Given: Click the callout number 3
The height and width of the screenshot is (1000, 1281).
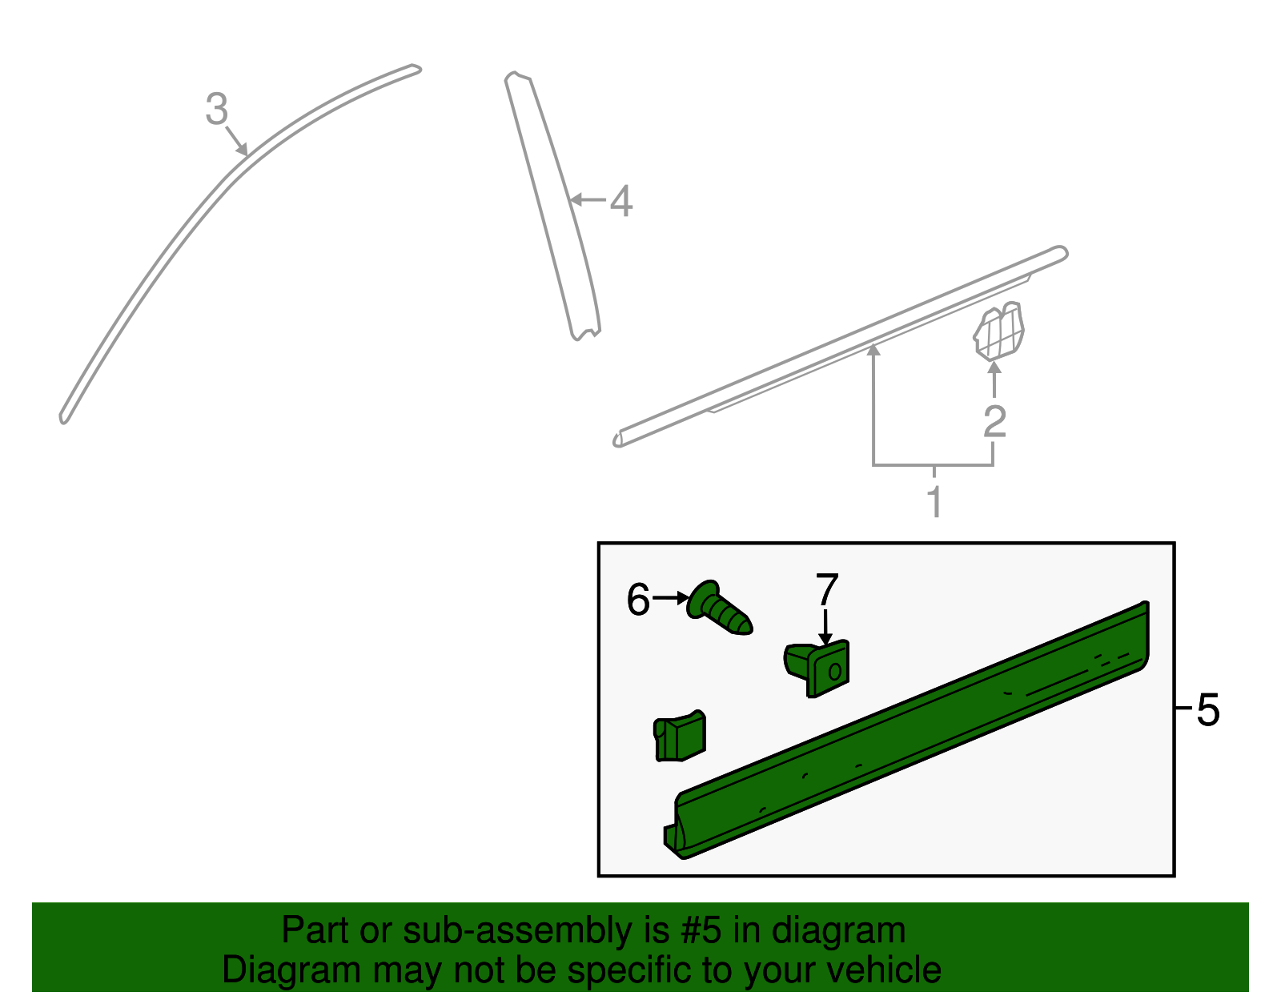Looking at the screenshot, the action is [x=217, y=109].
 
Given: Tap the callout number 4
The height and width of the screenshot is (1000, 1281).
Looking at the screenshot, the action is [x=621, y=201].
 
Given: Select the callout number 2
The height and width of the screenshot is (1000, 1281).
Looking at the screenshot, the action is [x=994, y=422].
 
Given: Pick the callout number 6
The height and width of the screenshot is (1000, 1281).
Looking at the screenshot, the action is [x=638, y=600].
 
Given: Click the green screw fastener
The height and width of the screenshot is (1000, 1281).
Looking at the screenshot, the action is [x=718, y=608].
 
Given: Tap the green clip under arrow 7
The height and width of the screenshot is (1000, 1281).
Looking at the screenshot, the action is [x=817, y=669].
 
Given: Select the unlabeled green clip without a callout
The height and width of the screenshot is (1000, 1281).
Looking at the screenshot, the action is [x=679, y=737].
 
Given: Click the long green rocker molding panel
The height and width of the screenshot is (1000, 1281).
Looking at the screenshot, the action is [x=908, y=730].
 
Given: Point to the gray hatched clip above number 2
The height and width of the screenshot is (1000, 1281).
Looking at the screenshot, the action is [x=998, y=331].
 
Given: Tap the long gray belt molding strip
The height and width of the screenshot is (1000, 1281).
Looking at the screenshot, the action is [x=840, y=347].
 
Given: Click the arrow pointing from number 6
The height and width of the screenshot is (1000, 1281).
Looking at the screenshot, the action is [x=672, y=598].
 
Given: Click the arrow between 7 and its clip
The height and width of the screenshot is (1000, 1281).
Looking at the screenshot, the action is [x=825, y=628].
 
